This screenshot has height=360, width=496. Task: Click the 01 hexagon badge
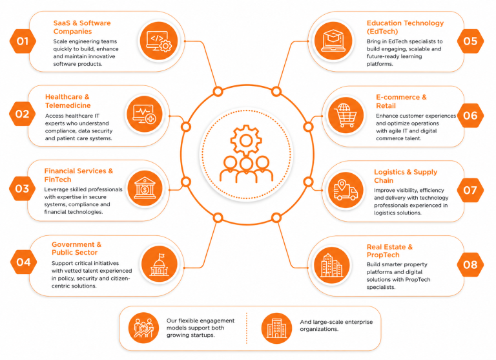pyautogui.click(x=23, y=41)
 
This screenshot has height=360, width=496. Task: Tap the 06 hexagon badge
pyautogui.click(x=470, y=116)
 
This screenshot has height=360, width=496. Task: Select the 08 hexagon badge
pyautogui.click(x=470, y=264)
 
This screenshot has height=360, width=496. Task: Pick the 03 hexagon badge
pyautogui.click(x=22, y=189)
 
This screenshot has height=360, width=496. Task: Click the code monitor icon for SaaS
pyautogui.click(x=159, y=41)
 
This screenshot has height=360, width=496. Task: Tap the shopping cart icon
pyautogui.click(x=346, y=115)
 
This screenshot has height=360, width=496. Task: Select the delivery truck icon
pyautogui.click(x=346, y=190)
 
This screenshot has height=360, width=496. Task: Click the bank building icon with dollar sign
pyautogui.click(x=145, y=188)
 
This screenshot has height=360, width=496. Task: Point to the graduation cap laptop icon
pyautogui.click(x=333, y=41)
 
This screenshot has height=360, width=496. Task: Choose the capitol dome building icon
pyautogui.click(x=159, y=264)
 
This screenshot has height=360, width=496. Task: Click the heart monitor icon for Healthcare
pyautogui.click(x=145, y=114)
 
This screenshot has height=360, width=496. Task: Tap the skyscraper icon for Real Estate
pyautogui.click(x=332, y=266)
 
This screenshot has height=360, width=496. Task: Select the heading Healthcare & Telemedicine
pyautogui.click(x=68, y=101)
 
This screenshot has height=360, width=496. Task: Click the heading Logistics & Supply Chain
pyautogui.click(x=406, y=176)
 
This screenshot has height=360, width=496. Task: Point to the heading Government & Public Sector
pyautogui.click(x=76, y=248)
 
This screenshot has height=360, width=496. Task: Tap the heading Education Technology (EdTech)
pyautogui.click(x=405, y=27)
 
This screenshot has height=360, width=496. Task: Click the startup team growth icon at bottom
pyautogui.click(x=143, y=328)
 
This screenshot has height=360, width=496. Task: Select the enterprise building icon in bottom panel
pyautogui.click(x=276, y=328)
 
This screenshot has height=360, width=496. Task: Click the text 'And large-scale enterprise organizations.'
pyautogui.click(x=336, y=326)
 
